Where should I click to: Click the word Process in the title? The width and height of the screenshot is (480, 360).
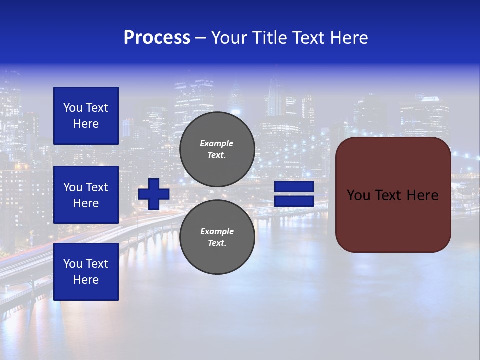(x=157, y=38)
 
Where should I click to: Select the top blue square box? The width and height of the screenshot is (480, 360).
(x=86, y=116)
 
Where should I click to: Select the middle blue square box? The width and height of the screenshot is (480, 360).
(x=86, y=195)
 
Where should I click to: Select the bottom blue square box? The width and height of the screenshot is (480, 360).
(x=86, y=271)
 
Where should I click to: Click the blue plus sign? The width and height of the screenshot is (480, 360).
(x=154, y=194)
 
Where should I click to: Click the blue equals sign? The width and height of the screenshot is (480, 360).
(x=294, y=194)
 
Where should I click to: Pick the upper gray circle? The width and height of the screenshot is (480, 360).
(x=217, y=149)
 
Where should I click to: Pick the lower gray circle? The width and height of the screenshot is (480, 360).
(x=217, y=237)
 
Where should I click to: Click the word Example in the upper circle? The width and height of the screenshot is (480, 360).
(x=216, y=143)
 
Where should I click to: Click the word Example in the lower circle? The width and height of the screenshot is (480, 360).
(x=216, y=231)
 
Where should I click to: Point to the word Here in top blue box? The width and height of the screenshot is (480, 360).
(x=86, y=124)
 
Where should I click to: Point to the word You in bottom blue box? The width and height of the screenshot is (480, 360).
(x=73, y=264)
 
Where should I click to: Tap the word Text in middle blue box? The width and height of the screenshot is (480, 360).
(x=97, y=187)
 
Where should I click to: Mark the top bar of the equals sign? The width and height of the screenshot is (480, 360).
(x=294, y=187)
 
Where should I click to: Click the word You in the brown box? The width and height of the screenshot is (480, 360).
(x=358, y=195)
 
